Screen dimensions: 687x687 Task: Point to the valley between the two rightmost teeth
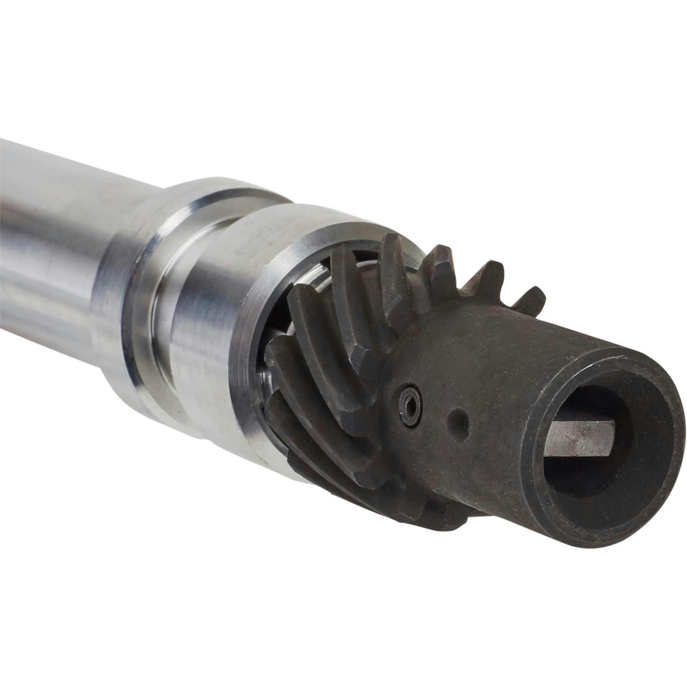click(513, 296)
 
